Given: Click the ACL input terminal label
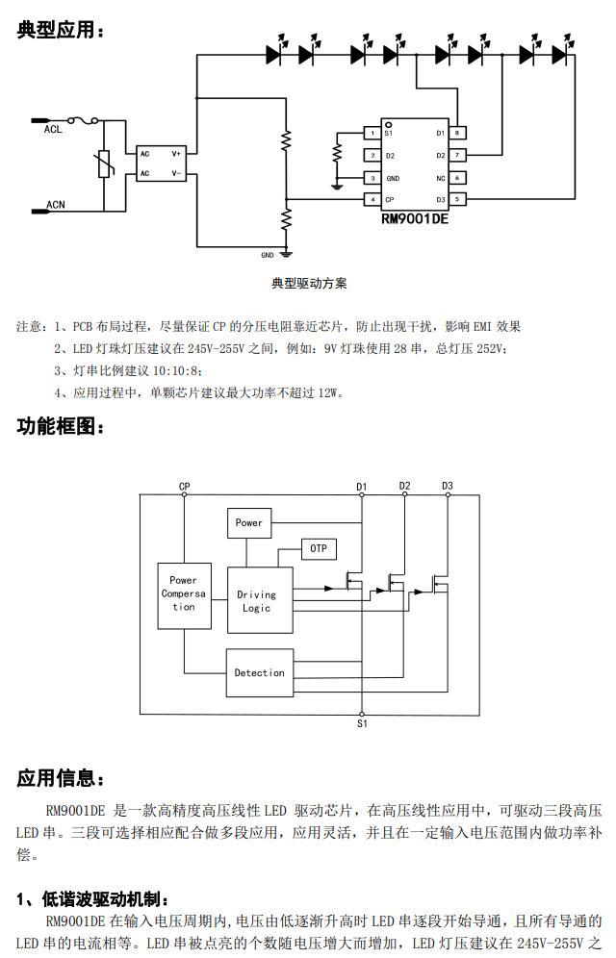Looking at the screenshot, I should tap(54, 131).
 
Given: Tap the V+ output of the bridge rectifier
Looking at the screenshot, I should tap(176, 153).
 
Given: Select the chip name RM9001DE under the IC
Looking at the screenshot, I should tap(415, 218).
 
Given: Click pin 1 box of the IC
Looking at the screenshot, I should tap(371, 133).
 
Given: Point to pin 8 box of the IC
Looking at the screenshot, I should tap(458, 133).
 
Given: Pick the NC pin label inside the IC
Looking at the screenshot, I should tap(440, 178).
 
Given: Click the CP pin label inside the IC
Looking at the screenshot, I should tap(390, 200).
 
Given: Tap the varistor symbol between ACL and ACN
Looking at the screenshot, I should tap(103, 166).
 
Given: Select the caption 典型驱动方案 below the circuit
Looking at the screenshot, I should tap(309, 284).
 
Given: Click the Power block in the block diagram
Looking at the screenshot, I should tap(248, 523).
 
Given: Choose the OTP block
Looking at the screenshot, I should tap(319, 548).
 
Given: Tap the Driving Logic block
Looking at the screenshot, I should tap(258, 600).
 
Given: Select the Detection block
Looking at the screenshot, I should tap(259, 673).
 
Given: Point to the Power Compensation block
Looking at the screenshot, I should tap(183, 593).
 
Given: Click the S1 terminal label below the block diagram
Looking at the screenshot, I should tap(362, 722).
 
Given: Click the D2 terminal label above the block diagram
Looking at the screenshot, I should tap(404, 486).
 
